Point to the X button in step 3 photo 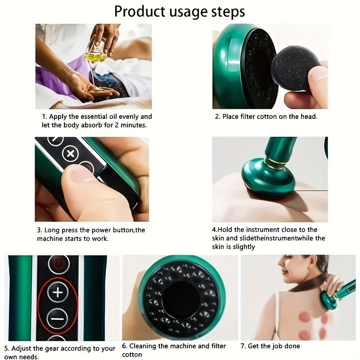pyautogui.click(x=70, y=153)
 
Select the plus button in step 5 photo pyautogui.click(x=58, y=293)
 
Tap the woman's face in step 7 pyautogui.click(x=293, y=272)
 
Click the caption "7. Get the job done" pyautogui.click(x=270, y=346)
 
